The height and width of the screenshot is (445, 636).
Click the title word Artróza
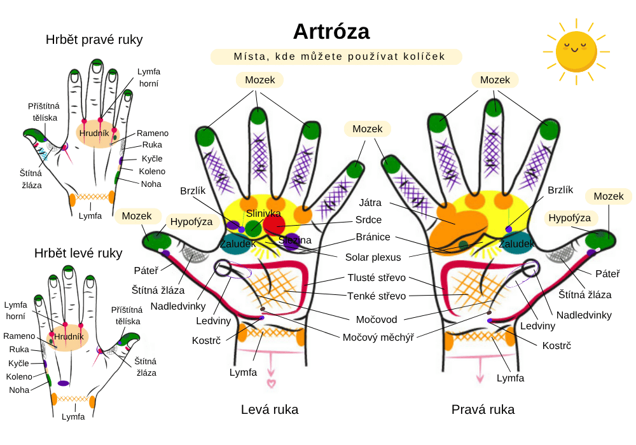[331, 31]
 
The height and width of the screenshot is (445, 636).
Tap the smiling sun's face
[575, 51]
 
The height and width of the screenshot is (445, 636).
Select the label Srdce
[369, 220]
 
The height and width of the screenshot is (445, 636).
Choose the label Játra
[370, 203]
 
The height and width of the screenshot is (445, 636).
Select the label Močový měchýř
[378, 337]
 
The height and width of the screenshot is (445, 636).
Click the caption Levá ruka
[270, 409]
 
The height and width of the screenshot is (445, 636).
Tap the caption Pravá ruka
[483, 409]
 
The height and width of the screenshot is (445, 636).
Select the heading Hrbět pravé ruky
[94, 39]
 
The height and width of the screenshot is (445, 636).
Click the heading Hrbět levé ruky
[78, 253]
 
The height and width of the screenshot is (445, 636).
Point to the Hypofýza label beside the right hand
[569, 218]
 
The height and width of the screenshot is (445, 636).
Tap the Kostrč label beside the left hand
[206, 341]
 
